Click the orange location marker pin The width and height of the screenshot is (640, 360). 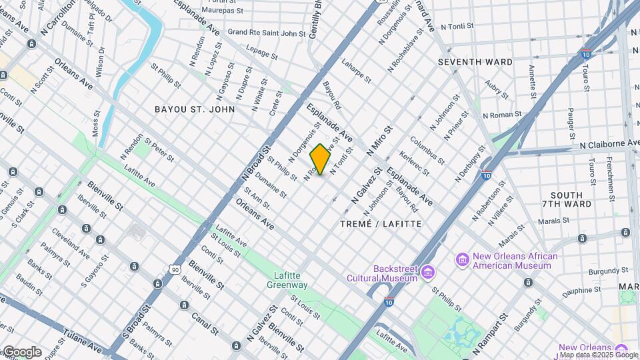(x=321, y=159)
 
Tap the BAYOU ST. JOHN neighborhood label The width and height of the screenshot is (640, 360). (x=194, y=109)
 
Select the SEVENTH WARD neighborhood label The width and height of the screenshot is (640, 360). (x=475, y=62)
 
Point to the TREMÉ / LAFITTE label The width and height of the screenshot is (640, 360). (x=381, y=224)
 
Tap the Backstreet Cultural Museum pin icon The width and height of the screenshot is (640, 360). (x=428, y=273)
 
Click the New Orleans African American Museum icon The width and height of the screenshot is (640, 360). (x=462, y=259)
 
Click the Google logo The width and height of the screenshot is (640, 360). (x=22, y=352)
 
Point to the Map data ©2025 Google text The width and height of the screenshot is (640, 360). (x=599, y=355)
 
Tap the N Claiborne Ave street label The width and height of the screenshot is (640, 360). (x=609, y=144)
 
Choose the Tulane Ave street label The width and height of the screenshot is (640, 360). (x=83, y=340)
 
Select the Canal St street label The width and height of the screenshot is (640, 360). (x=205, y=323)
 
